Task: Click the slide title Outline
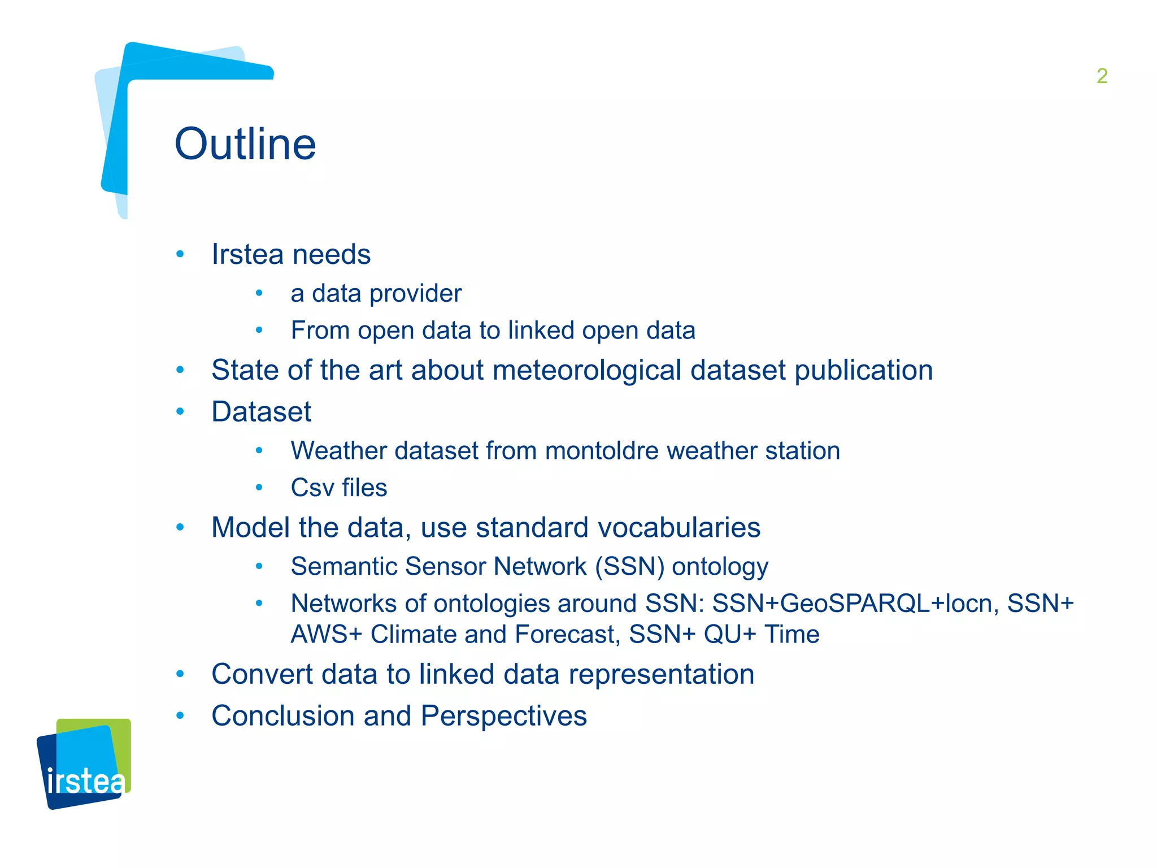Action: tap(245, 144)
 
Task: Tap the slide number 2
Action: tap(1102, 76)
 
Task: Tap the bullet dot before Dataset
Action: tap(180, 411)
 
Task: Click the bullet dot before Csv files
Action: tap(259, 488)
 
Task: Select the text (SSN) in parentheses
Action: tap(629, 567)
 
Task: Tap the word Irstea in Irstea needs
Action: tap(247, 254)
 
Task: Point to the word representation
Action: tap(661, 674)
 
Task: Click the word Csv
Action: tap(312, 488)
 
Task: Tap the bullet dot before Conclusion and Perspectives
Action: tap(180, 716)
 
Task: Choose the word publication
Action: tap(863, 371)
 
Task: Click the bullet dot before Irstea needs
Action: tap(180, 254)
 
